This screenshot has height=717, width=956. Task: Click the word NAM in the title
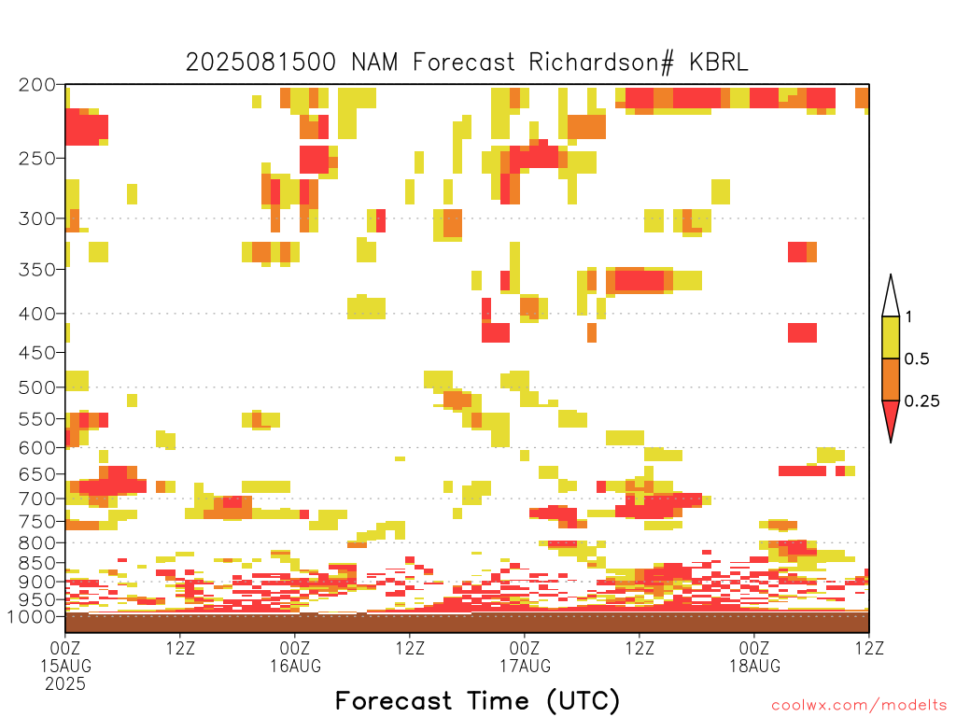tap(374, 63)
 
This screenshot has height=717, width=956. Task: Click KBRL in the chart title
tap(718, 63)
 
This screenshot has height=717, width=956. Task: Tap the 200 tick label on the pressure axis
tap(36, 85)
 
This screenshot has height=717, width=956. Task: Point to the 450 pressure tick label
tap(36, 352)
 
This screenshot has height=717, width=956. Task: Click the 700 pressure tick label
tap(36, 499)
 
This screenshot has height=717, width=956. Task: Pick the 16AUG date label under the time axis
tap(296, 666)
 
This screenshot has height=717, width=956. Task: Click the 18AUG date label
tap(754, 666)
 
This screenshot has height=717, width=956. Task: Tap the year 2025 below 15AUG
tap(65, 683)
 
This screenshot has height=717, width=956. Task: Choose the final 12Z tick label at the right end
tap(869, 648)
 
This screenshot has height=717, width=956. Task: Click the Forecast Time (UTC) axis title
tap(477, 700)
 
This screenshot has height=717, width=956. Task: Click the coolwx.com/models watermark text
tap(859, 706)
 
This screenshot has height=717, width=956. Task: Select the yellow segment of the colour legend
tap(891, 337)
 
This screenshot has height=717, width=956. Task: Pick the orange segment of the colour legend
tap(891, 379)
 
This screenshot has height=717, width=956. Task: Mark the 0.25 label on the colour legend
tap(921, 401)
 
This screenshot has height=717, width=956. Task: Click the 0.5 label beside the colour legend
tap(917, 358)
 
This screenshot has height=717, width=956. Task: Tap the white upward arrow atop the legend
tap(891, 296)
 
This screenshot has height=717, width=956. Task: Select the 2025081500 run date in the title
tap(261, 63)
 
